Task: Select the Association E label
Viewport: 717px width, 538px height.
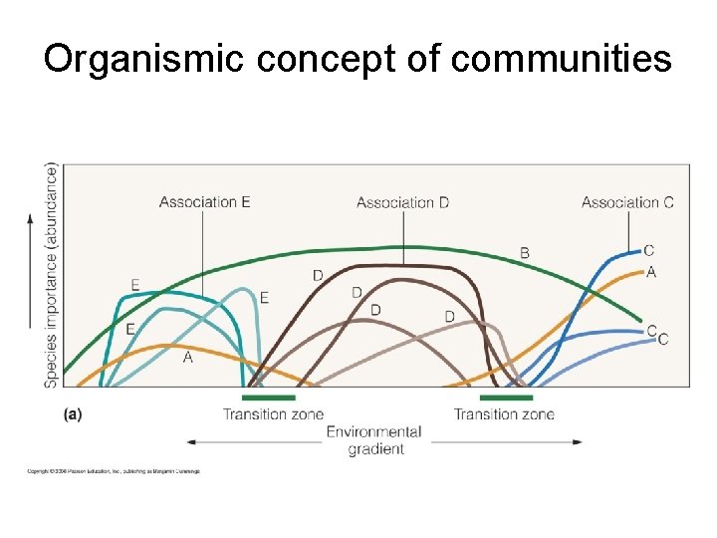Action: [204, 202]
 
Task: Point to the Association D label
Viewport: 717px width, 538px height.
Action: [402, 202]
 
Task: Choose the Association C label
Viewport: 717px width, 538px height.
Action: [627, 202]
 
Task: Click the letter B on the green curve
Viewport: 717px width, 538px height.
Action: [525, 253]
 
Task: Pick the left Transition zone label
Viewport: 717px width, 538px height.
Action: [273, 414]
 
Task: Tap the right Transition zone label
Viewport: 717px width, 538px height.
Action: [504, 414]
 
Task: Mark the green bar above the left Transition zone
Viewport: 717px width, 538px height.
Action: [269, 398]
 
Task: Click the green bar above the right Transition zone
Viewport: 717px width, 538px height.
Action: [506, 398]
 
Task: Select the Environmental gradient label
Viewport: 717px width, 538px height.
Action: [375, 440]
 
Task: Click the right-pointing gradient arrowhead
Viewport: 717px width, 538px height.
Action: [577, 441]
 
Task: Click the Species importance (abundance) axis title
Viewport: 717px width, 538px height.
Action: [51, 275]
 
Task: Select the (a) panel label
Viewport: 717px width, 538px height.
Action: [73, 413]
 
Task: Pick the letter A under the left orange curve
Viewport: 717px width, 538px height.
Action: [188, 357]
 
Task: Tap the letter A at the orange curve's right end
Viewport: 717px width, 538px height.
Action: [651, 272]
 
